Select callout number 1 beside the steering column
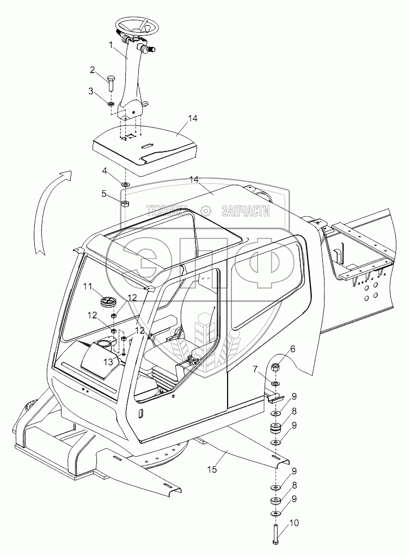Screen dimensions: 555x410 111,45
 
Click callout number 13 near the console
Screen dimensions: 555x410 109,361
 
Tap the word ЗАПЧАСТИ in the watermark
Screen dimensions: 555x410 245,211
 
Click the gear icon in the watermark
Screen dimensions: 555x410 205,211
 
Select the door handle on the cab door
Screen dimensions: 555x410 140,413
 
